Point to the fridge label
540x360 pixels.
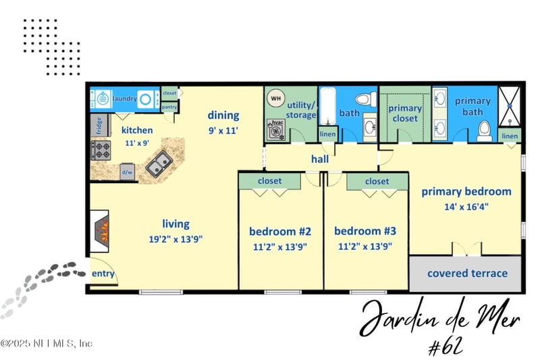99,126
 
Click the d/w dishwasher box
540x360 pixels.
126,172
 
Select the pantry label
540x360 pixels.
169,107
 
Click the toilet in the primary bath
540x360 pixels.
485,129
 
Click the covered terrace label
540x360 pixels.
466,274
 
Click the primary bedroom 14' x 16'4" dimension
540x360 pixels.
466,207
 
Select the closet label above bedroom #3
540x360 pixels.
377,182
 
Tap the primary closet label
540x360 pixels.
405,113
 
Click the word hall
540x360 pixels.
320,159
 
